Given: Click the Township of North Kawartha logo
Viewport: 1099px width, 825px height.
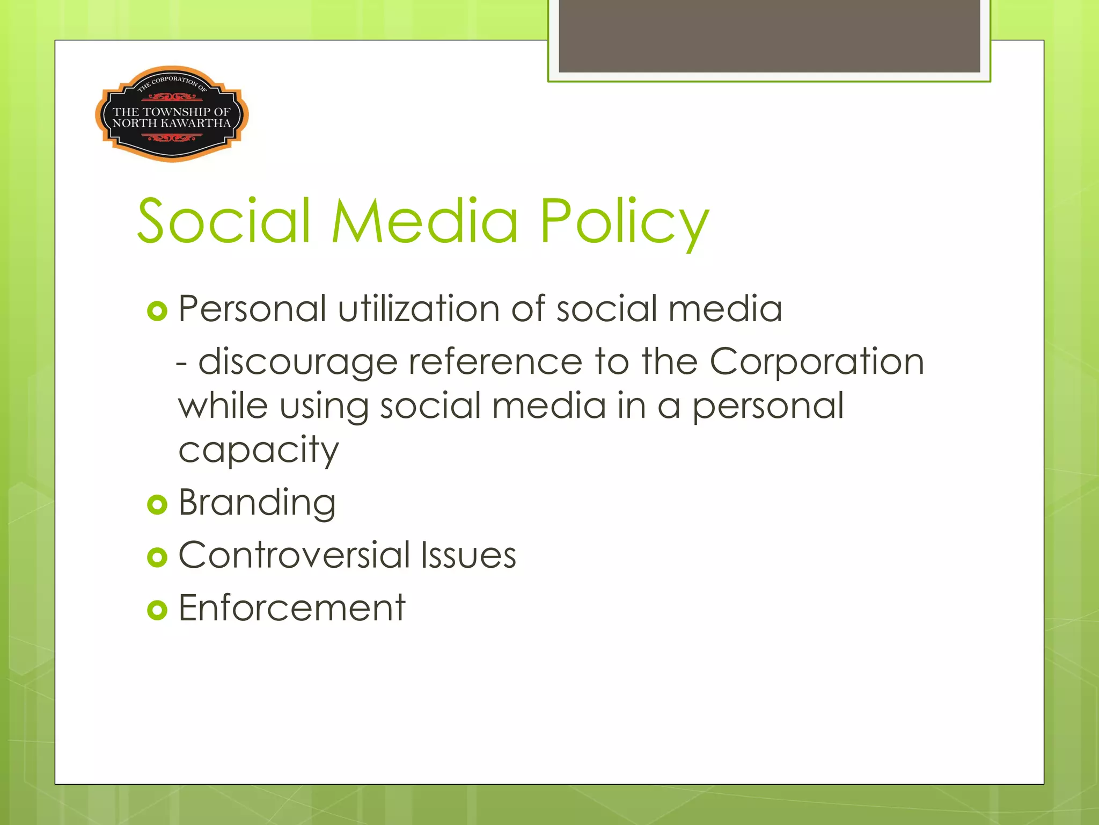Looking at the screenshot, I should pos(172,114).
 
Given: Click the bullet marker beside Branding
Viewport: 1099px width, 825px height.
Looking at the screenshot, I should pos(157,504).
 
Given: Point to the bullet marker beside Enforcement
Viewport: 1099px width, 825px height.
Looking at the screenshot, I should pos(157,610).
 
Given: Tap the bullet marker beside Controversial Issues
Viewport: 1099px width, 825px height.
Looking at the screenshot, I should pos(157,557).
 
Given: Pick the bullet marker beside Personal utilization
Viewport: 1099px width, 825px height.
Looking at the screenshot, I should pos(157,311).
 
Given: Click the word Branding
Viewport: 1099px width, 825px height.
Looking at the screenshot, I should pos(257,503).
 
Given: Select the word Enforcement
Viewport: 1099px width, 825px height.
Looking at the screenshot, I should pos(292,607).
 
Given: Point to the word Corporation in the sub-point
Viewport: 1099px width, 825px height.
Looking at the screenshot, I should pos(817,362).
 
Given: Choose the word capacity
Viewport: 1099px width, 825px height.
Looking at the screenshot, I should pos(259,450).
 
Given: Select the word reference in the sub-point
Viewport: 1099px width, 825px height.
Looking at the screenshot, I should pos(495,362).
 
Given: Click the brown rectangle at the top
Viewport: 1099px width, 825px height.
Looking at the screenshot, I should pos(769,35).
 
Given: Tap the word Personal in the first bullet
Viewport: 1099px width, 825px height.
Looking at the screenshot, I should pos(252,309).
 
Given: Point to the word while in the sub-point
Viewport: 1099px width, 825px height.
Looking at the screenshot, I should pos(223,406).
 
